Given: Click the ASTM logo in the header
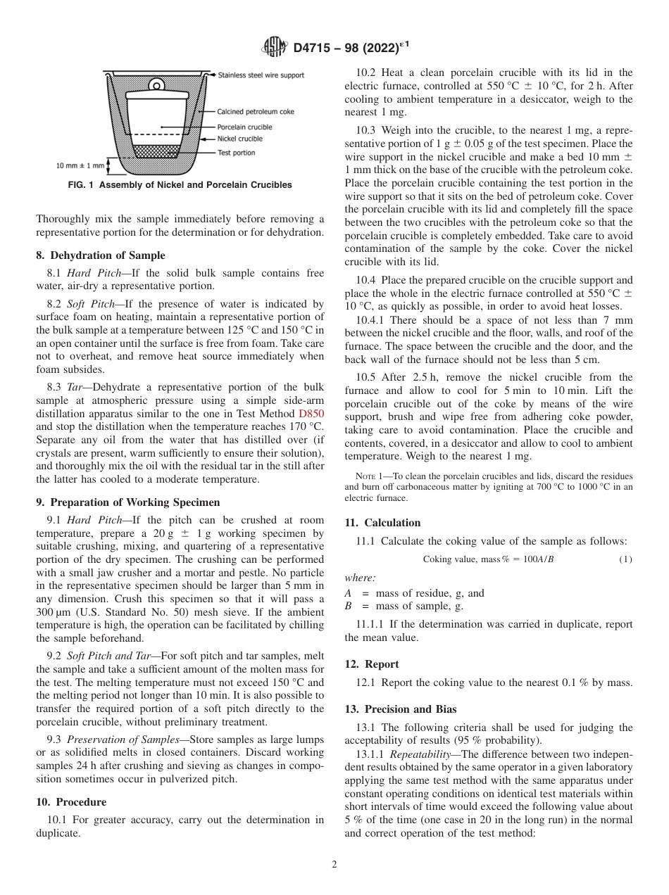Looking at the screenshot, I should point(274,47).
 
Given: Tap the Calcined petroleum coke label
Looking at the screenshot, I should point(256,111).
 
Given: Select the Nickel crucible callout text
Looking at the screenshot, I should point(239,139).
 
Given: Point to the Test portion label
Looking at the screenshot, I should point(237,152).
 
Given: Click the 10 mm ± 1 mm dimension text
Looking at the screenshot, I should point(80,166).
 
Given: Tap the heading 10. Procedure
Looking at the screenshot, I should point(71,801).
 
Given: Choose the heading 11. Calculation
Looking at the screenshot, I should point(382,522).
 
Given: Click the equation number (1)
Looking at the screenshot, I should point(625,559).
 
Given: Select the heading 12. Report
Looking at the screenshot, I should point(372,664).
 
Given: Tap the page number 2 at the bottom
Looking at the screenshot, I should point(334,865).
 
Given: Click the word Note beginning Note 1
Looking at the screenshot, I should point(366,476).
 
